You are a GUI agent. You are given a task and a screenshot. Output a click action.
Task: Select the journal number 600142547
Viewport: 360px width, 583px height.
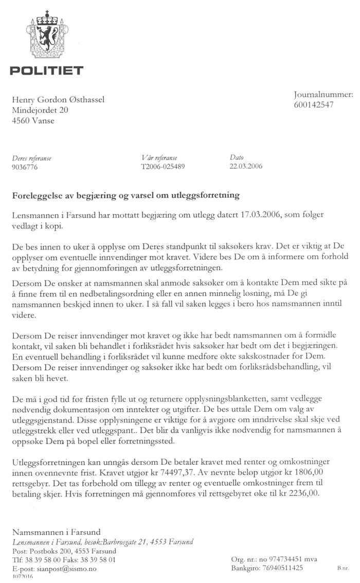tap(314, 104)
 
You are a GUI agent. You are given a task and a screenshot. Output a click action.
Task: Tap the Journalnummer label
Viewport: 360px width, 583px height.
tap(323, 95)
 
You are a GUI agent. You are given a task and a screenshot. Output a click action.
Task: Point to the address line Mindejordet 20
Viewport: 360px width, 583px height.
tap(40, 110)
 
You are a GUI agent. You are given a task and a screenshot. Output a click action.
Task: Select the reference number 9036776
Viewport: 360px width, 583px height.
tap(24, 167)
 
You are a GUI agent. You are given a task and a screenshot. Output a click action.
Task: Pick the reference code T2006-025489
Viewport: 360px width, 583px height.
tap(163, 167)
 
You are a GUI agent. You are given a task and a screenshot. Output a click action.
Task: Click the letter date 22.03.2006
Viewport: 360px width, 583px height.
tap(247, 166)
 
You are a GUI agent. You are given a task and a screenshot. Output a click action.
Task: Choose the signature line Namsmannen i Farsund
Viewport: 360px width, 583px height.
tap(57, 532)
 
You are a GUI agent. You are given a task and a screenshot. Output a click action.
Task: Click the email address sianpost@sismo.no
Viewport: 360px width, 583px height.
tap(64, 569)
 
